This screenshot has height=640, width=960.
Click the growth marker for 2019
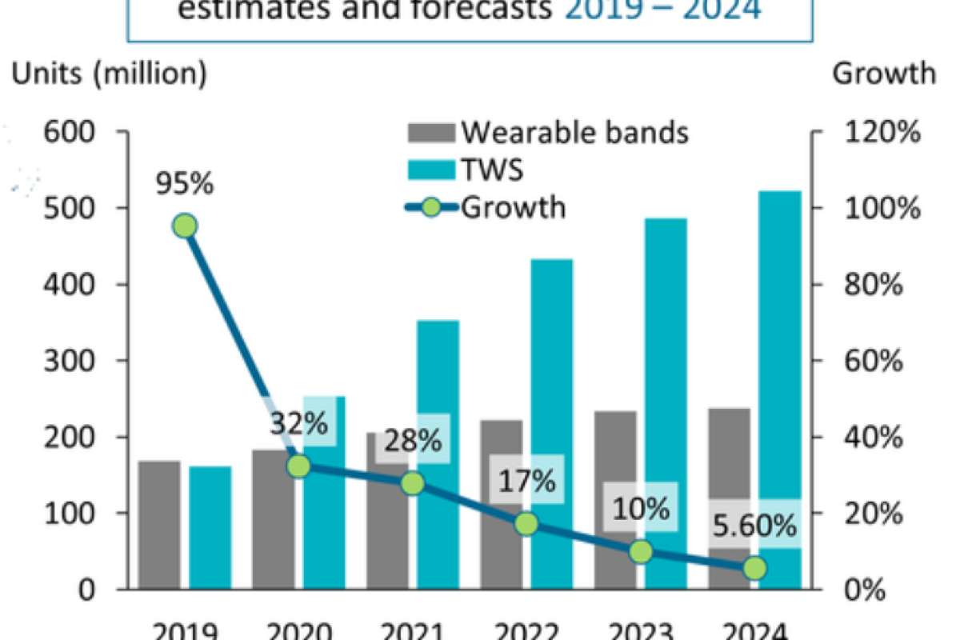pyautogui.click(x=185, y=226)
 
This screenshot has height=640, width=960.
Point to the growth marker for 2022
pyautogui.click(x=526, y=524)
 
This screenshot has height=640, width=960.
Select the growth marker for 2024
pyautogui.click(x=754, y=568)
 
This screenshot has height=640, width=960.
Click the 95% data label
pyautogui.click(x=185, y=183)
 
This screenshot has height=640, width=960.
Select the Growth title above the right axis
pyautogui.click(x=884, y=74)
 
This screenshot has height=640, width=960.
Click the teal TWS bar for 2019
pyautogui.click(x=210, y=528)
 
